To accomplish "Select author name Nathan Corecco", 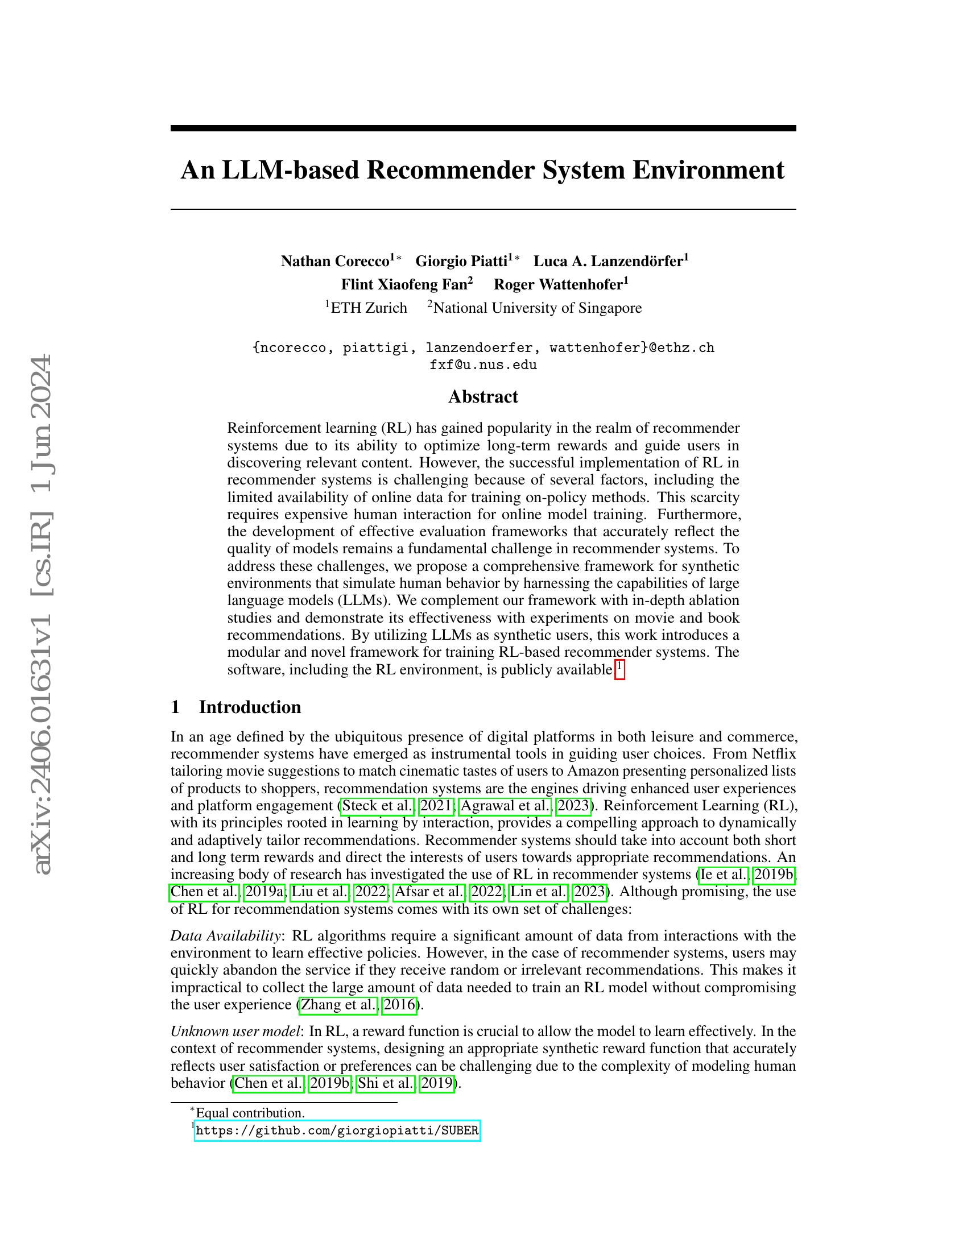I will [x=334, y=261].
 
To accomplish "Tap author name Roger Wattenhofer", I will [x=558, y=284].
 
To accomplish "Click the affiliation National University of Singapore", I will [x=538, y=308].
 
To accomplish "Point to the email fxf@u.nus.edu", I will [x=483, y=365].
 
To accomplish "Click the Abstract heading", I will [x=483, y=396].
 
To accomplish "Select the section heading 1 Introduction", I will [x=236, y=707].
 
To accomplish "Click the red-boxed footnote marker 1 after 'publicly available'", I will [x=619, y=668].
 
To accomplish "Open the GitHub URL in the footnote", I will [x=337, y=1130].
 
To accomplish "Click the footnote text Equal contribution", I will [x=250, y=1112].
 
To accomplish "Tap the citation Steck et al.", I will [x=377, y=805].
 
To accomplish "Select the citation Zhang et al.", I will [x=338, y=1004].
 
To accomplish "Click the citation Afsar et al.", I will [x=429, y=891].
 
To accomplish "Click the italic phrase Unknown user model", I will [x=235, y=1031].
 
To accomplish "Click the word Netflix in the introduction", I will [x=774, y=753].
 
